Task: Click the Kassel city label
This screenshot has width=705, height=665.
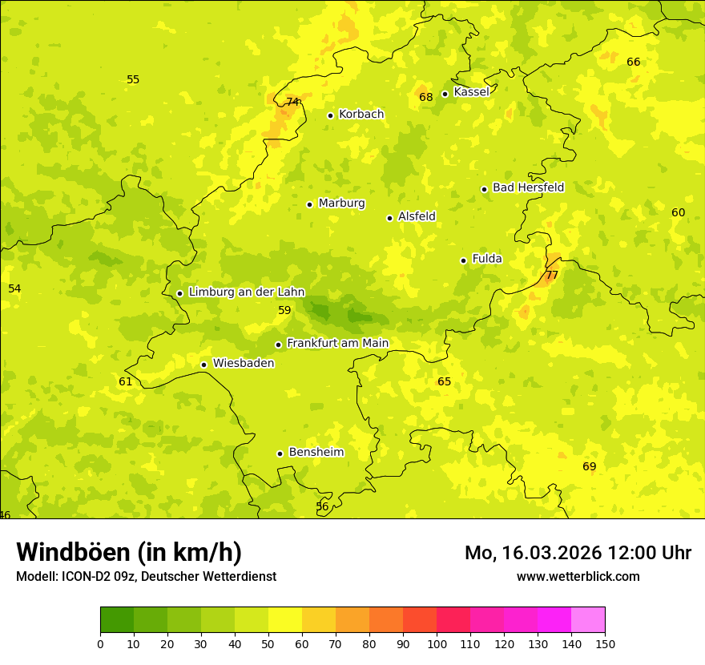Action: [471, 92]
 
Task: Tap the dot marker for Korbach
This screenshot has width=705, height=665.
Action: [330, 115]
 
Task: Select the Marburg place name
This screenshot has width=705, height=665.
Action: [341, 204]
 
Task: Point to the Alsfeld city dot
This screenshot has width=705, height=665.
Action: [389, 218]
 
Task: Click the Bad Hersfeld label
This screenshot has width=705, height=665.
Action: [528, 187]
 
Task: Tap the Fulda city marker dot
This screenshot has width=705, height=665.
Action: [463, 260]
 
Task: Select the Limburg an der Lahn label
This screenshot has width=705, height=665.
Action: [247, 292]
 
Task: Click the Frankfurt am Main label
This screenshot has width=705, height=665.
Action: [337, 344]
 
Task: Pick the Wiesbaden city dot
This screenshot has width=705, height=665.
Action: [203, 365]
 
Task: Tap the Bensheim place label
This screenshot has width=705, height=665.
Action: [316, 453]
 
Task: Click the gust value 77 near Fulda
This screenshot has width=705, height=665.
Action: [551, 275]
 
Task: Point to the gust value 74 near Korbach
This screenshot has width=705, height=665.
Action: [292, 102]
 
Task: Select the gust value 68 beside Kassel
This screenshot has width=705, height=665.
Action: [426, 97]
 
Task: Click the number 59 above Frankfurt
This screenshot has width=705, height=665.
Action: [284, 310]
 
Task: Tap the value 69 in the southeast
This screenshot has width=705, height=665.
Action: [590, 466]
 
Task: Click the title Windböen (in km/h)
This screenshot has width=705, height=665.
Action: [129, 553]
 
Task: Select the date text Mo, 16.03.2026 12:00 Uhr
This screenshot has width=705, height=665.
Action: [578, 553]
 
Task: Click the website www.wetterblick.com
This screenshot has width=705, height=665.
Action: [578, 576]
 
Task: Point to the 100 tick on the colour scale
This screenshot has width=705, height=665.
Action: [437, 644]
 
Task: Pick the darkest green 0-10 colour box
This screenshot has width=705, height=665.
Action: [117, 619]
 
